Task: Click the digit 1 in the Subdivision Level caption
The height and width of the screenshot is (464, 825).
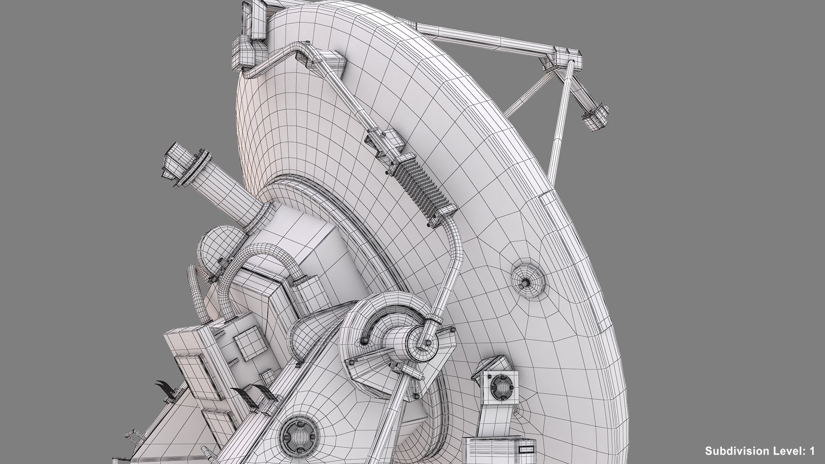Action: click(812, 451)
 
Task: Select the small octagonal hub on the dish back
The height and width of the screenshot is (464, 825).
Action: click(528, 282)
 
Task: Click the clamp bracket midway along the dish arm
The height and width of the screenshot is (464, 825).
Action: click(385, 142)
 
